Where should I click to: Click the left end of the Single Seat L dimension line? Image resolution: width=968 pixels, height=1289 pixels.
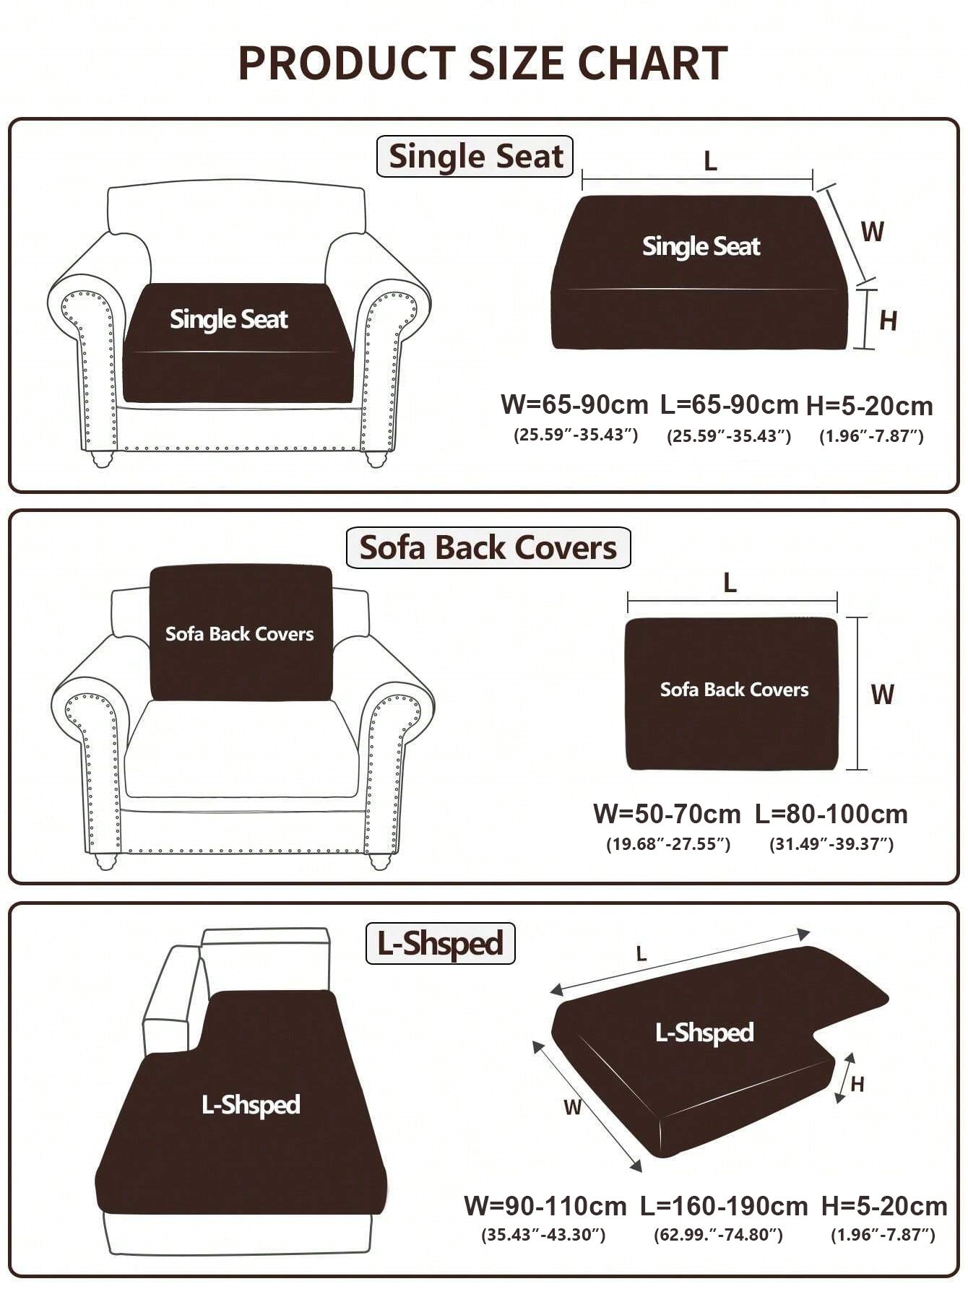(582, 179)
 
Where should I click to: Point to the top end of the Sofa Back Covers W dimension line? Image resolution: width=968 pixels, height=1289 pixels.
(857, 618)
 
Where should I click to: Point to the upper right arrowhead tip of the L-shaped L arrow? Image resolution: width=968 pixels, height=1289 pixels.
(810, 932)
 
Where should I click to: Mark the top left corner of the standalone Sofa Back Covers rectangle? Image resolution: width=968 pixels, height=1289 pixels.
(626, 619)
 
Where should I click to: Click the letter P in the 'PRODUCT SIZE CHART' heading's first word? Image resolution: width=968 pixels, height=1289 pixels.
(253, 63)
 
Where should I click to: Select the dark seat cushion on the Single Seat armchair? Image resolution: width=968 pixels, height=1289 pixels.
(238, 343)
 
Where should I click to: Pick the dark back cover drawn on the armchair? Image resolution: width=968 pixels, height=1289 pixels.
(241, 633)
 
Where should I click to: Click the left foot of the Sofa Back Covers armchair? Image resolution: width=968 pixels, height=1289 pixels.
(105, 861)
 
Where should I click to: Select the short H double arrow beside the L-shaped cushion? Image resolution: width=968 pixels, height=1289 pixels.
(844, 1078)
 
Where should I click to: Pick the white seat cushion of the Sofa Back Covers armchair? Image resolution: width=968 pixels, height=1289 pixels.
(241, 748)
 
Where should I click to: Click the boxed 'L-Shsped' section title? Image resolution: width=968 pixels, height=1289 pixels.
(440, 943)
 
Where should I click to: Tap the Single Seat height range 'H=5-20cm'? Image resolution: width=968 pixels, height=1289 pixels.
(870, 406)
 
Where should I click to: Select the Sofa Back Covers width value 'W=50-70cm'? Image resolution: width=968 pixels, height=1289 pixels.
(667, 814)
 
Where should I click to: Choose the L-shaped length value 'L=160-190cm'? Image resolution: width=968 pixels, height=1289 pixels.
(724, 1205)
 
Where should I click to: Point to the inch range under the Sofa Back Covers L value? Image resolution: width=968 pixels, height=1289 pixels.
(831, 843)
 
